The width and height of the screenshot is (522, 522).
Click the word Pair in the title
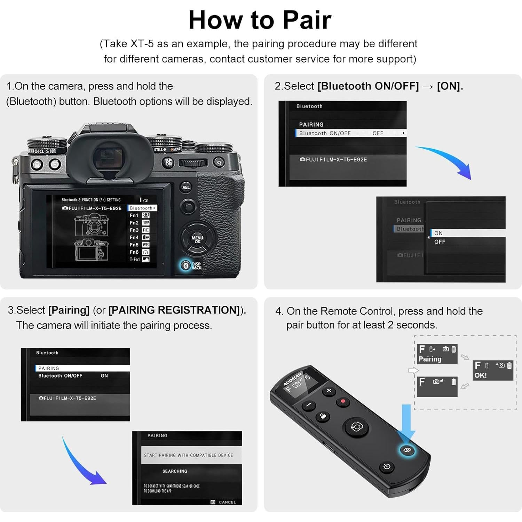(307, 20)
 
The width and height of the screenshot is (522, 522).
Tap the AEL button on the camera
(186, 187)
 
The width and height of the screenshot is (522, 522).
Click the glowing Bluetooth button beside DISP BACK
(185, 266)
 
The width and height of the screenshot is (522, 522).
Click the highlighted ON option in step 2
(438, 233)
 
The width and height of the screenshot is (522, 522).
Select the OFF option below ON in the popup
(440, 242)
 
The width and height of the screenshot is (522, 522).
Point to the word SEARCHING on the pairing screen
(175, 471)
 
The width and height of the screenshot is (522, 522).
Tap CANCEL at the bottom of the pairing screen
(227, 502)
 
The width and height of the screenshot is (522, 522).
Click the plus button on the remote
(329, 391)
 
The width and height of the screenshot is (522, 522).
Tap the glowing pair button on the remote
(407, 450)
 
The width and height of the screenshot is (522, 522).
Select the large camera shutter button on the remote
(357, 427)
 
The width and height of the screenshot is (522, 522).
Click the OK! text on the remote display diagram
(481, 375)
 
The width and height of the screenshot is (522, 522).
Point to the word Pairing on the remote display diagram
(430, 359)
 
